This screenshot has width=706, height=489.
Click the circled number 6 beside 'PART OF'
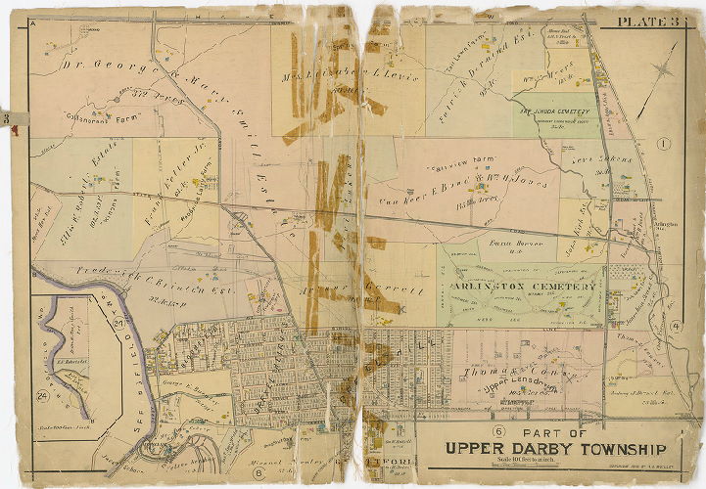click(498, 432)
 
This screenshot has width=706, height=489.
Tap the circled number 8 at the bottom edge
click(259, 472)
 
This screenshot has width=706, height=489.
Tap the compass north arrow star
click(664, 70)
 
